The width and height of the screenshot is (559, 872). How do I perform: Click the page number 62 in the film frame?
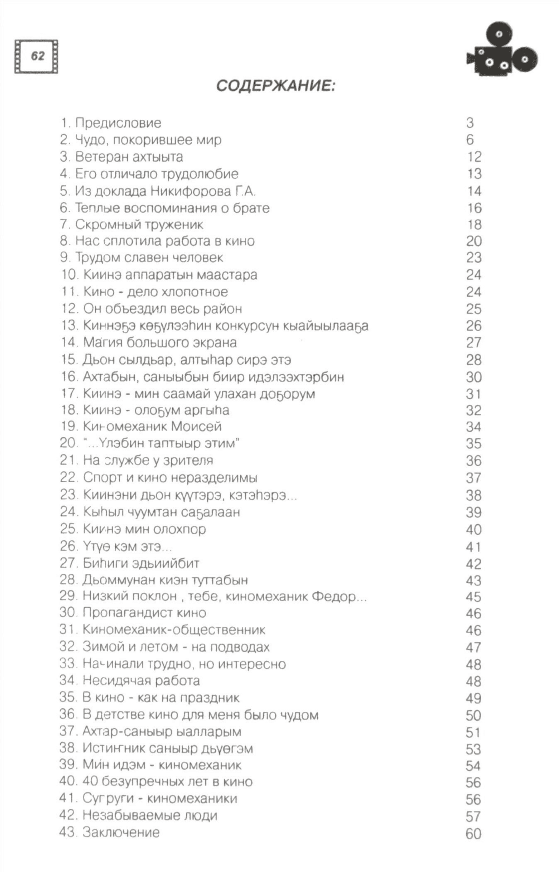tap(37, 56)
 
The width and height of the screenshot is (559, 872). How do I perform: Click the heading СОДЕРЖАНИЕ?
tap(276, 86)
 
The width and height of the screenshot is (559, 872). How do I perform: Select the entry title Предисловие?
tap(118, 123)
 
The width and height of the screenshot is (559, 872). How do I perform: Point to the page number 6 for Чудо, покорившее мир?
tap(470, 140)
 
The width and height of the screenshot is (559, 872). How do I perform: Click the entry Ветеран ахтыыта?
tap(129, 157)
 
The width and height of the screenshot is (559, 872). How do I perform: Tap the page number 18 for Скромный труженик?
tap(474, 225)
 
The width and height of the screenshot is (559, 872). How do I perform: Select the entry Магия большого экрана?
tap(160, 342)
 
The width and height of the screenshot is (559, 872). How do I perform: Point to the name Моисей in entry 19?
tap(196, 427)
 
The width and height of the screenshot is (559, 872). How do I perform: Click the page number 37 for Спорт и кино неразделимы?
tap(474, 478)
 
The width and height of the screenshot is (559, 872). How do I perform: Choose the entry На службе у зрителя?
tap(148, 461)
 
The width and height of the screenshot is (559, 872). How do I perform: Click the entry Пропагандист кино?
tap(144, 613)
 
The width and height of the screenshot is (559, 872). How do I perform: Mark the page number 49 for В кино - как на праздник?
tap(474, 698)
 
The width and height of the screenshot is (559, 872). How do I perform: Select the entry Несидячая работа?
tap(141, 681)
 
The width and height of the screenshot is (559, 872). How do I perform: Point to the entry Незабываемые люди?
tap(150, 816)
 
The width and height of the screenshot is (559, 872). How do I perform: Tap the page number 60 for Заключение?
tap(474, 834)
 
